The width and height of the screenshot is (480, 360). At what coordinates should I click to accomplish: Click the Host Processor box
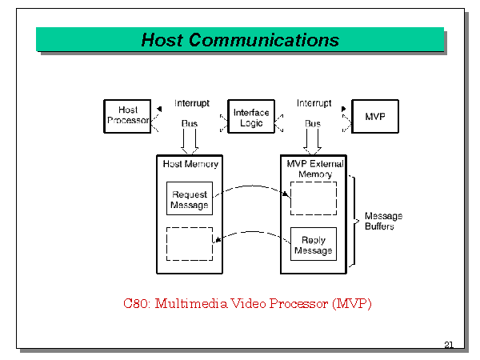128,116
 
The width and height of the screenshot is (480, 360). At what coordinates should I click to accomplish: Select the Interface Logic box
251,118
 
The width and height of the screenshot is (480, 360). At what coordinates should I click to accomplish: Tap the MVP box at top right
375,117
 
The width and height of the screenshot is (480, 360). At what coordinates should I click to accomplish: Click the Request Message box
190,199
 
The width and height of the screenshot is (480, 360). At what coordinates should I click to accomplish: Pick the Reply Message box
313,245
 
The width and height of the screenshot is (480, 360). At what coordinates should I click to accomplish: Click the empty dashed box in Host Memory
190,243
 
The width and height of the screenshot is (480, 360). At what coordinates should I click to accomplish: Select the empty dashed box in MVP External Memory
313,198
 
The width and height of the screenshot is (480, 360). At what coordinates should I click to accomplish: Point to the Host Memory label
190,164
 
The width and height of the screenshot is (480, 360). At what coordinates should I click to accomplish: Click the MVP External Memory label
314,169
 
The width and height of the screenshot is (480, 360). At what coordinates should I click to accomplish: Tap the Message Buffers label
383,221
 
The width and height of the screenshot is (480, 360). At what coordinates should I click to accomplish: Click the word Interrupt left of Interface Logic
192,103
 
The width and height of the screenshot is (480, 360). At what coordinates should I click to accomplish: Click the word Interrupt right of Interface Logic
314,103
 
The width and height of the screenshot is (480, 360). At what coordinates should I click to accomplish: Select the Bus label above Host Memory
190,124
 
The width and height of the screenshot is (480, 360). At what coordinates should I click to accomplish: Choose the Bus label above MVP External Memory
313,124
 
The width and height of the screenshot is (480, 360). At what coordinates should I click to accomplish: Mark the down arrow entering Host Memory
190,142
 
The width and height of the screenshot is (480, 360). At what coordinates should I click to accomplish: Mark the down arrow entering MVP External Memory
313,142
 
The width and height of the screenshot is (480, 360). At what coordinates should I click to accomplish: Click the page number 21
448,345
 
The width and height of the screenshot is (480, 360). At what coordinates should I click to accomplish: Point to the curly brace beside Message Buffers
354,221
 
